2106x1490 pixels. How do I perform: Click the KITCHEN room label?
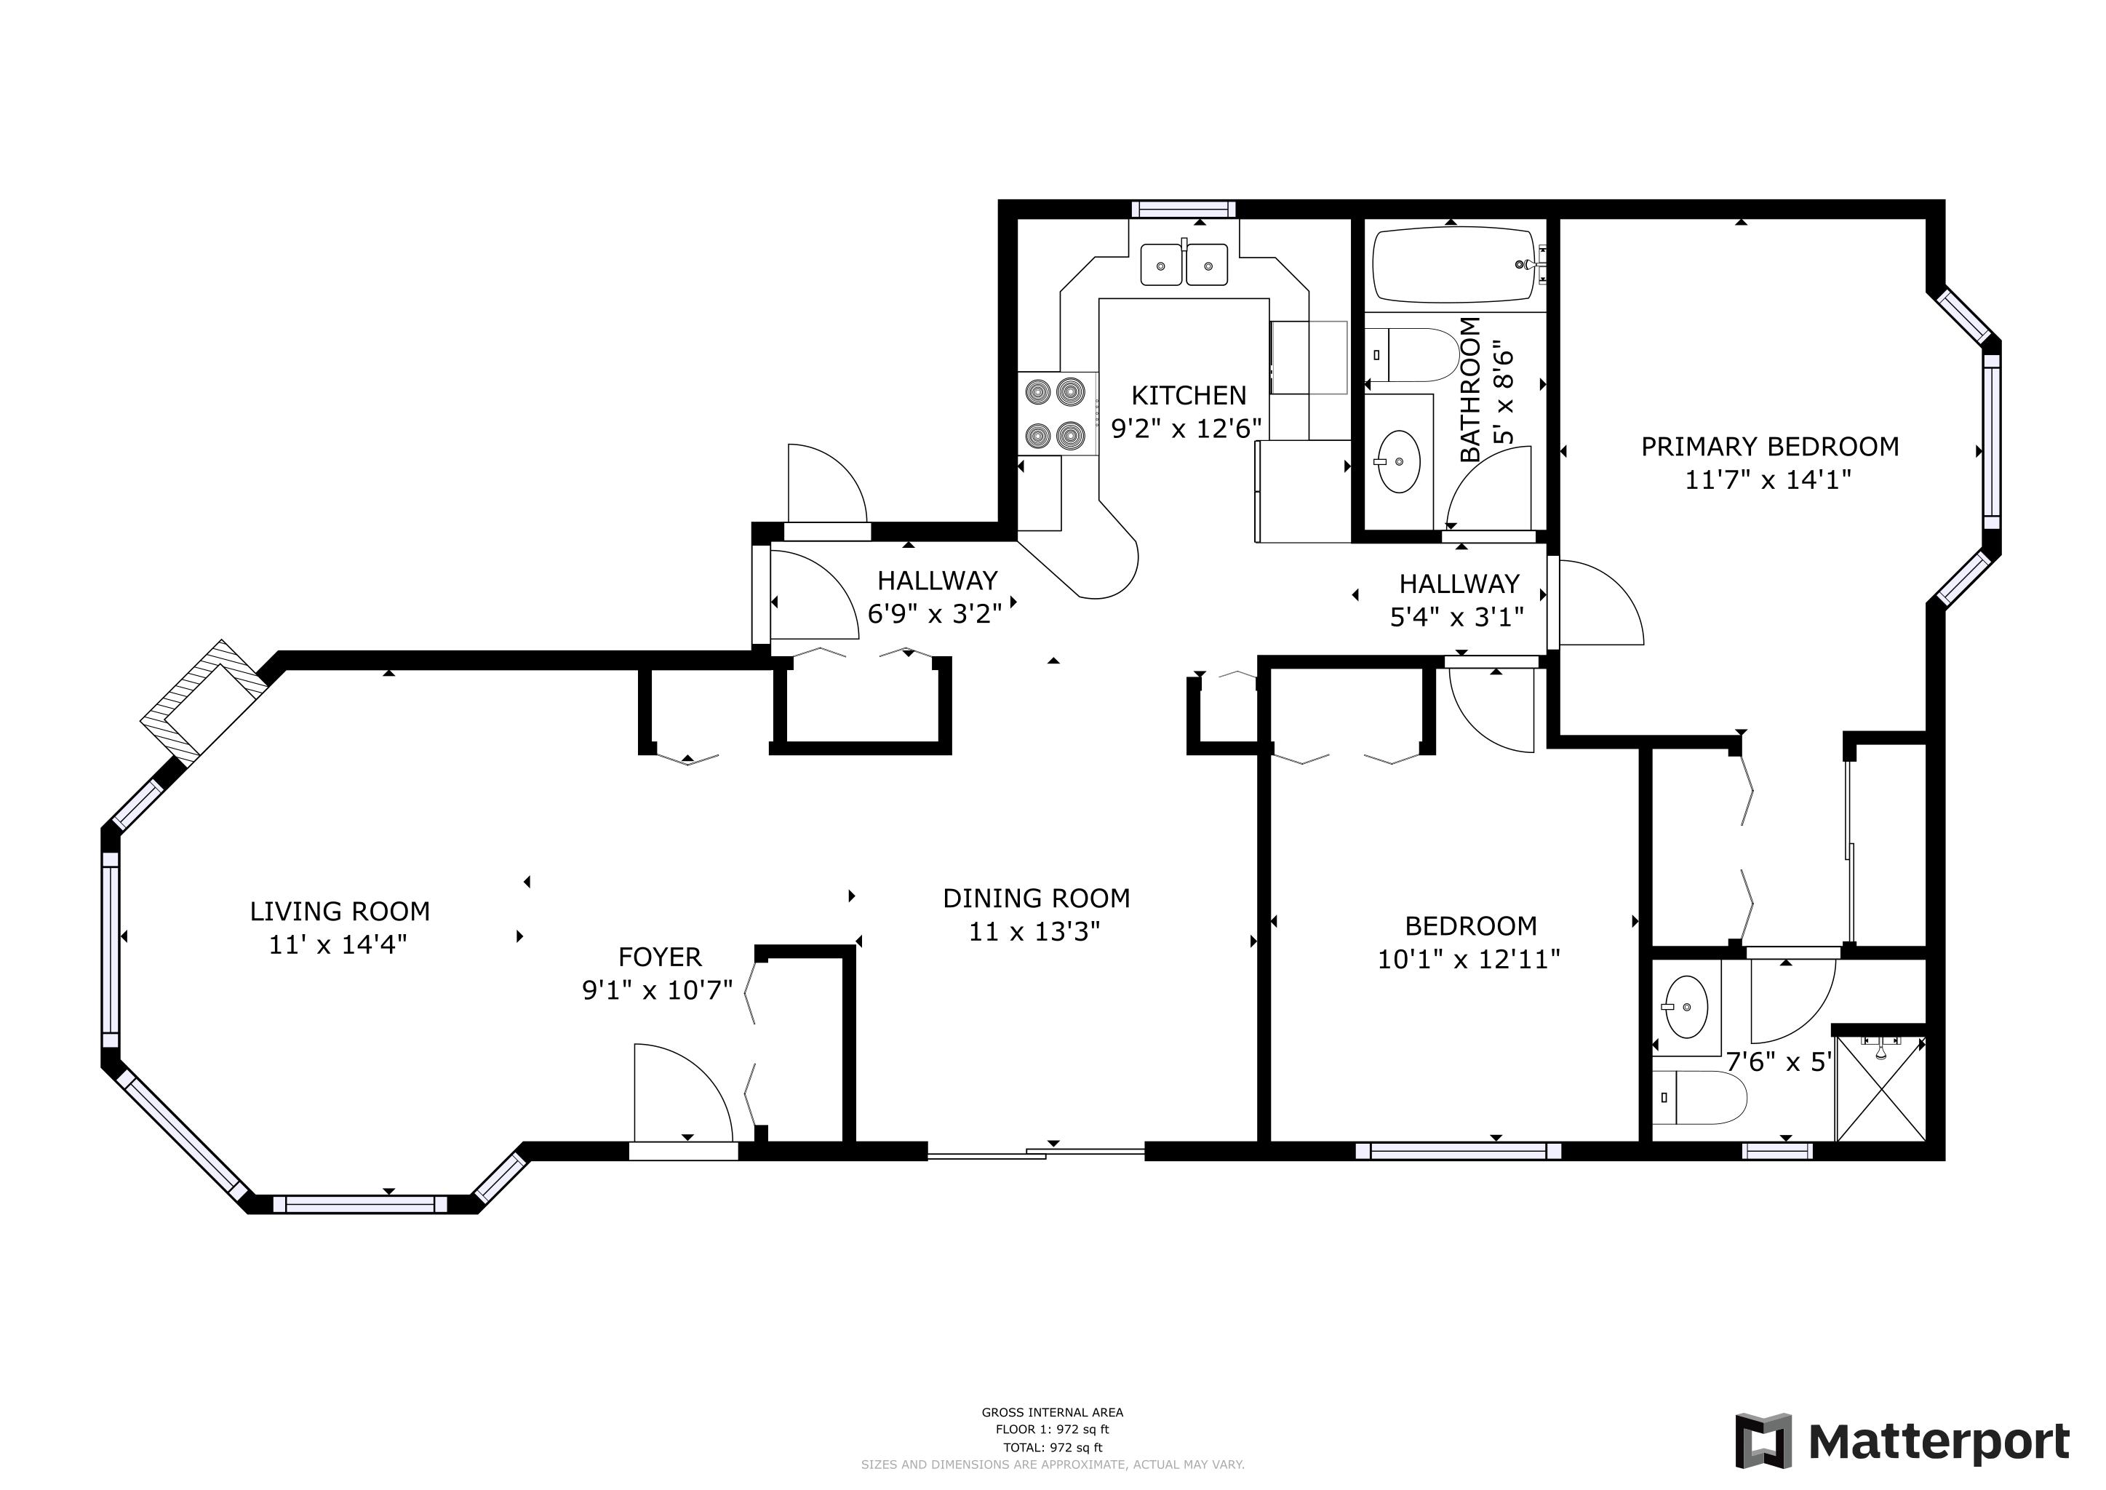(1188, 396)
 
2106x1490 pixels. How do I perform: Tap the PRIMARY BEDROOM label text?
(1769, 447)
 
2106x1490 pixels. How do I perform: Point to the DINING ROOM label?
(1036, 899)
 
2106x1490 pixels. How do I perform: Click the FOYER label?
(660, 957)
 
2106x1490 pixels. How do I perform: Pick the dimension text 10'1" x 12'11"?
(1469, 959)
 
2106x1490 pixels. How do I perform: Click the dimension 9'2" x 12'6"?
(1187, 429)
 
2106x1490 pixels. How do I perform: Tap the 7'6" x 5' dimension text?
(1779, 1061)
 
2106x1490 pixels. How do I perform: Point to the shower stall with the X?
(1880, 1089)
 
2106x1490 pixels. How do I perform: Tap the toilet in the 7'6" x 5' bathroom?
(1699, 1097)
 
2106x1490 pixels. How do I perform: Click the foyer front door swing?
(683, 1093)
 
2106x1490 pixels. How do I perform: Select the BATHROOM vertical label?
(1469, 389)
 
